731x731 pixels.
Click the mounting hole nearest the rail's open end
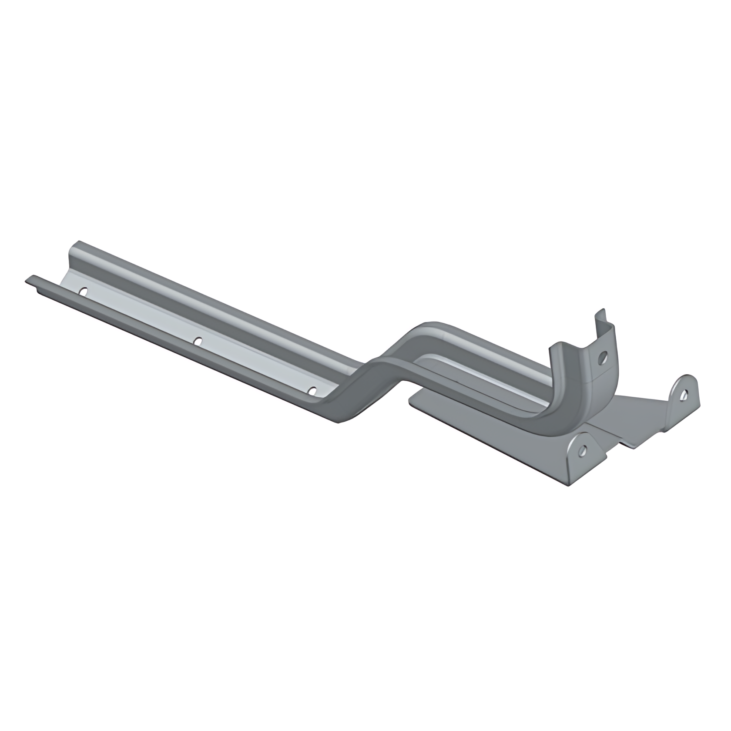84,290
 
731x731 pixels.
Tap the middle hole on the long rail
198,341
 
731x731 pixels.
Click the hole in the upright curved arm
602,358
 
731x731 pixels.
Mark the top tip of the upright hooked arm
602,312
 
